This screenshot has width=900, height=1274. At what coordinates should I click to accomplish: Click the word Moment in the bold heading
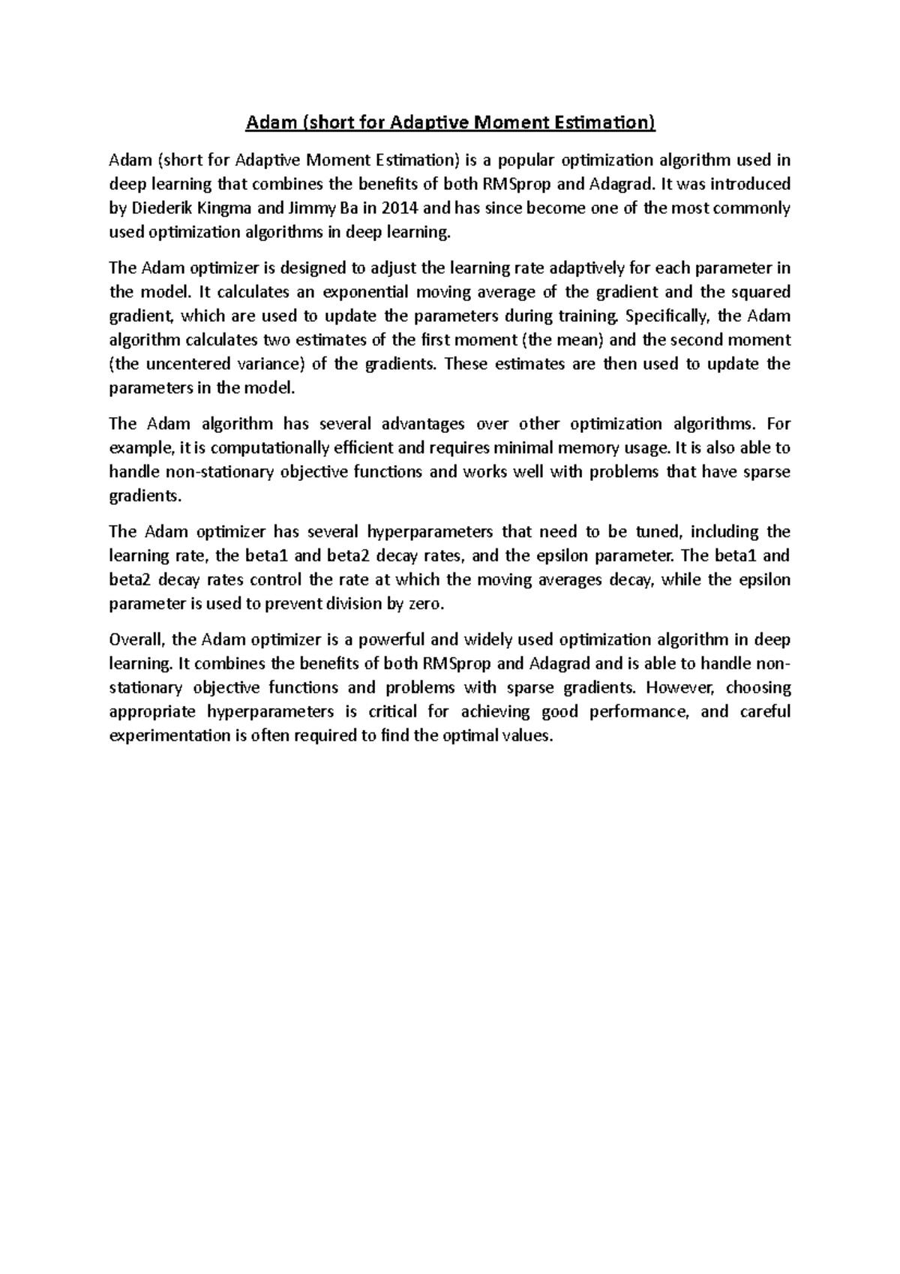(x=518, y=122)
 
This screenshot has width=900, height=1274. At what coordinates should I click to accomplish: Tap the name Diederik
(x=159, y=209)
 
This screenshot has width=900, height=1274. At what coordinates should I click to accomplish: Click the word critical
(x=387, y=712)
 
